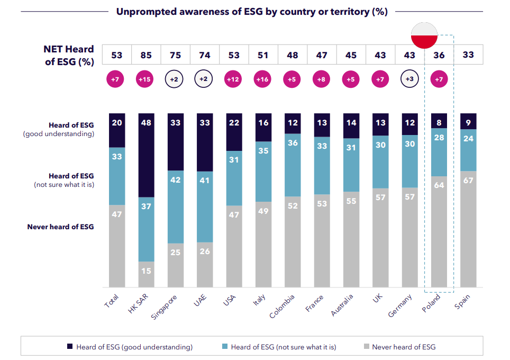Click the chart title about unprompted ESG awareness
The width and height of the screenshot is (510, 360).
tap(252, 12)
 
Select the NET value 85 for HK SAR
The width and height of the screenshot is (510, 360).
tap(146, 55)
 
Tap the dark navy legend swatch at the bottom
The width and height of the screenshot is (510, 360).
tap(69, 347)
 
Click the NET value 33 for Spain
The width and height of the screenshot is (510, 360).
tap(468, 55)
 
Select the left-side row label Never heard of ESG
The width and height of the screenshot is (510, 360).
tap(60, 227)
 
